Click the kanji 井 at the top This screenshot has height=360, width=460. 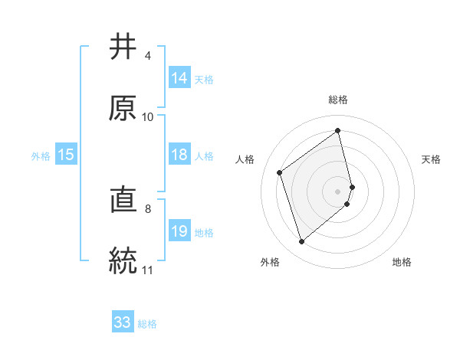point(123,47)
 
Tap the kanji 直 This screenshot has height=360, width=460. point(123,200)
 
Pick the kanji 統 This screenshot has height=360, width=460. point(123,260)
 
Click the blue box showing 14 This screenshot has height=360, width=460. point(179,78)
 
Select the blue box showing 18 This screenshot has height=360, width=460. point(179,155)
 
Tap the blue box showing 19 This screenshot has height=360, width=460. point(179,231)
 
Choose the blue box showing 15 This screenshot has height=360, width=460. point(66,155)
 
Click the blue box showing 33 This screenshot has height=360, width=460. point(123,322)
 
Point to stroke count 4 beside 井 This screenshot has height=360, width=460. point(147,56)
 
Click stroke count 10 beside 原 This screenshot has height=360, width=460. point(148,116)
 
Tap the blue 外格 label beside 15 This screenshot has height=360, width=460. point(41,156)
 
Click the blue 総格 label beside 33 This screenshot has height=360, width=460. point(148,324)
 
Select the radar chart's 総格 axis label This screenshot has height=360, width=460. point(338,100)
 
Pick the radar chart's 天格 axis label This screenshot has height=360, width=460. point(432,159)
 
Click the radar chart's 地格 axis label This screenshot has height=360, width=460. point(402,262)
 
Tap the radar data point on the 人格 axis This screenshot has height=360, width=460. point(280,173)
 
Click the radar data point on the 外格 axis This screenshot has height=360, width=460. point(301,242)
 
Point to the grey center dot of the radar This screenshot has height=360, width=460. point(338,190)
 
